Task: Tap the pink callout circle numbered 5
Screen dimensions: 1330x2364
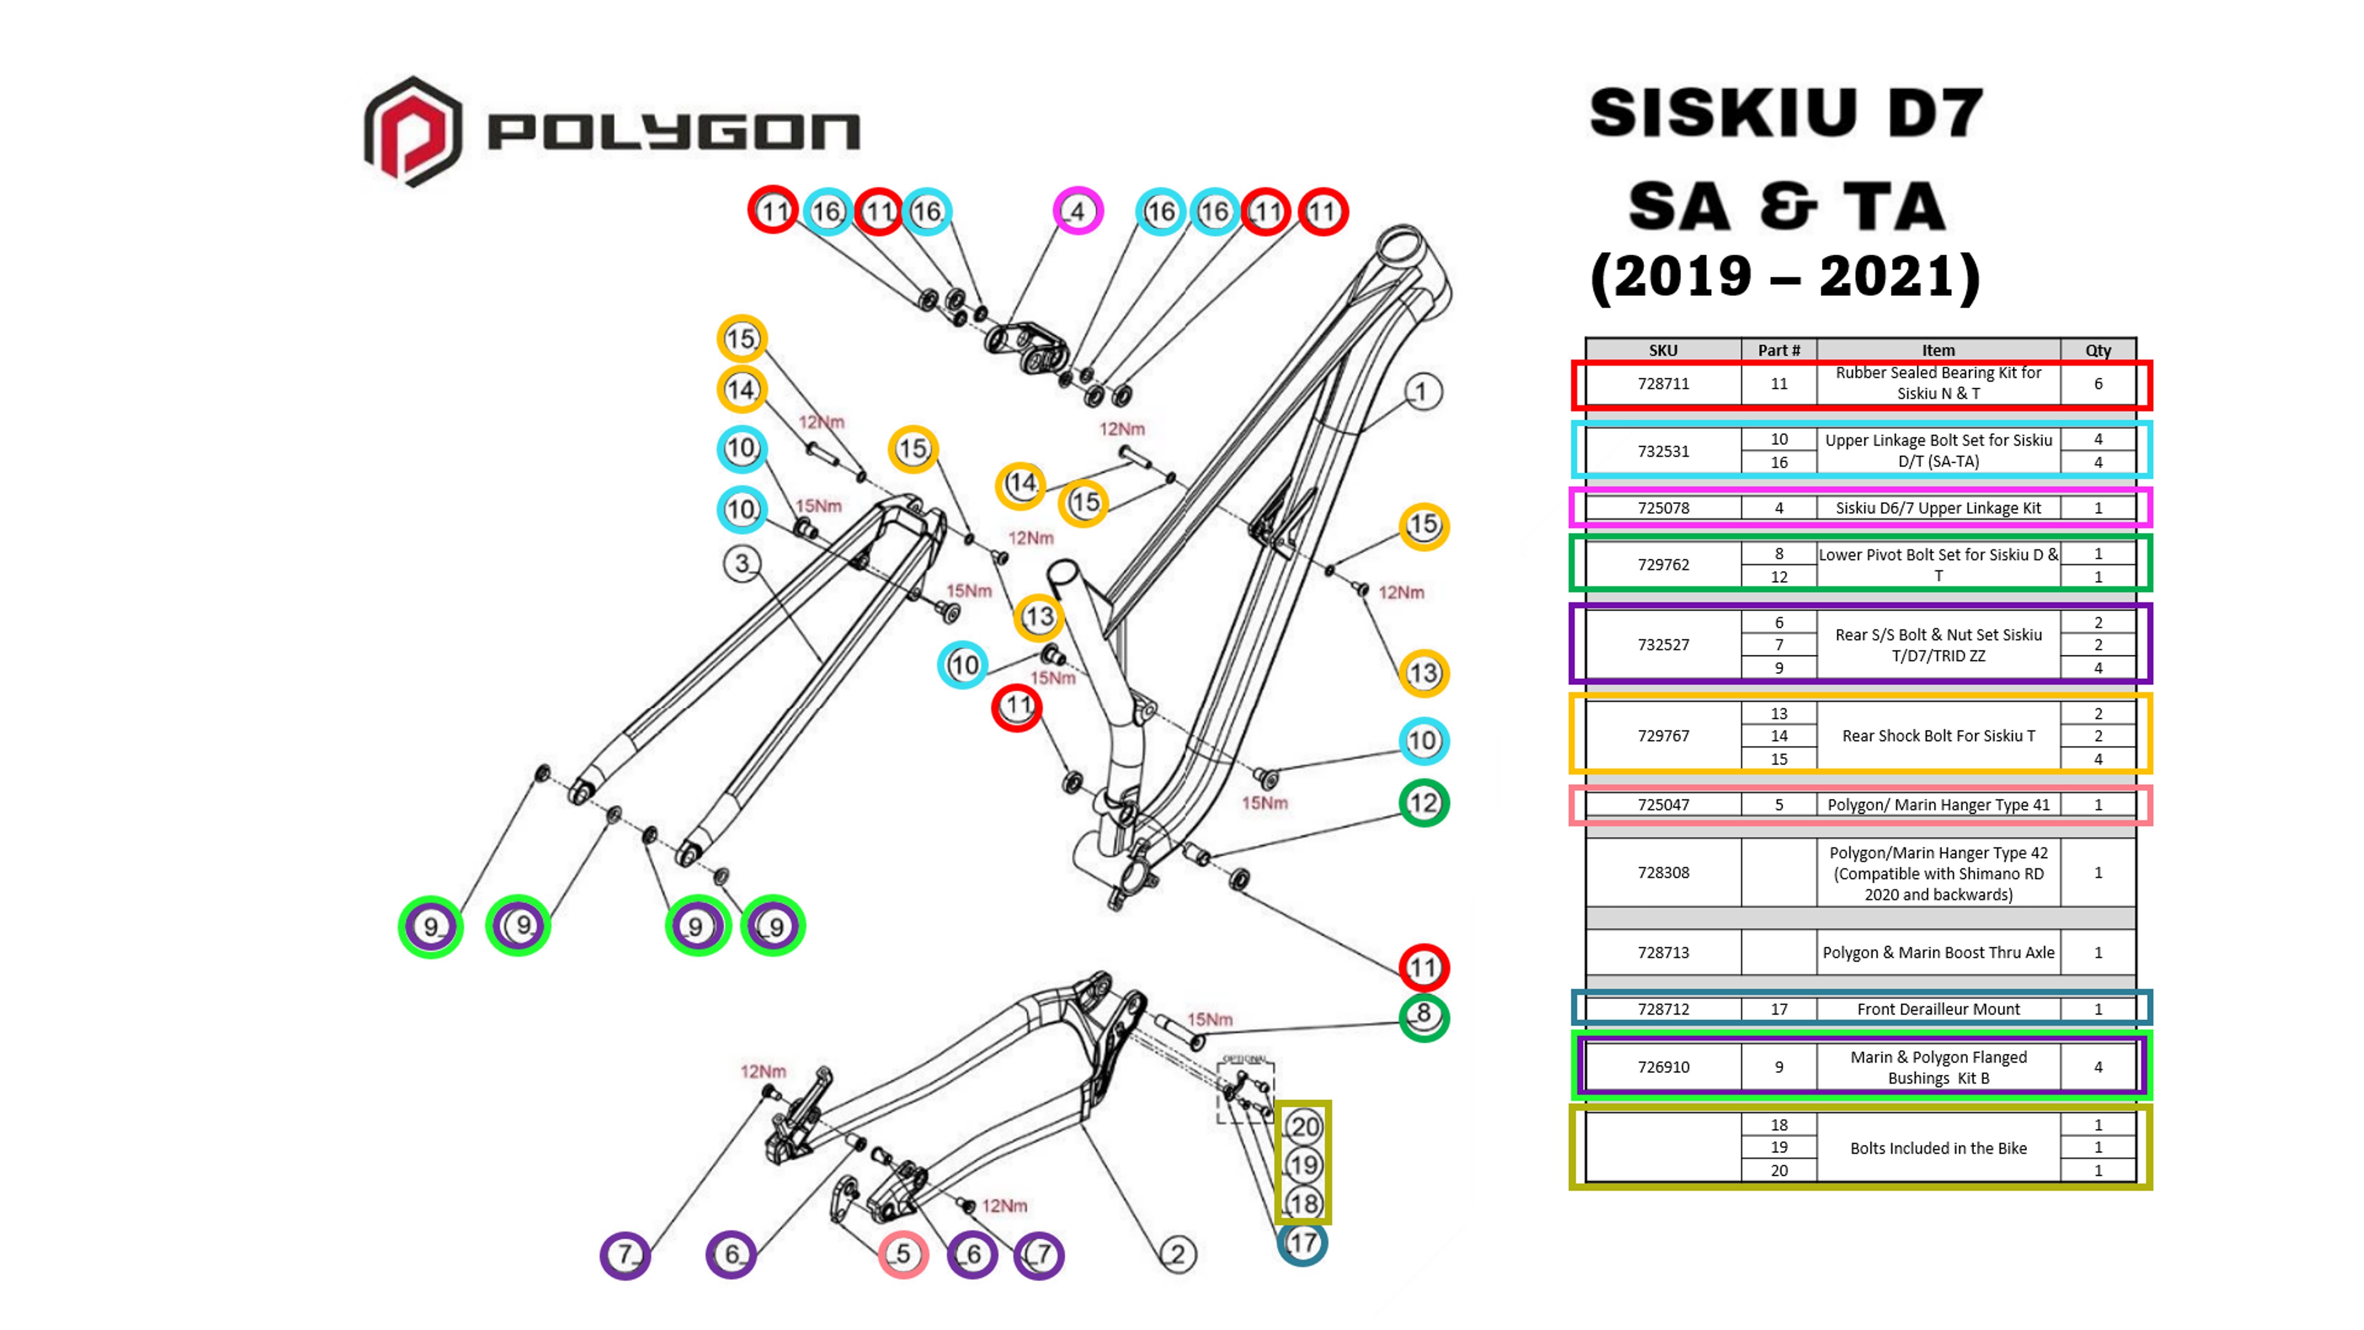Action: click(903, 1254)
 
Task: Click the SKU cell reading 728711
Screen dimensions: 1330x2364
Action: click(1663, 384)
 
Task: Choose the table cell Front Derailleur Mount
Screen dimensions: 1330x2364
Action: click(1938, 1009)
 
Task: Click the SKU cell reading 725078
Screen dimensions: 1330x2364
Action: click(1663, 507)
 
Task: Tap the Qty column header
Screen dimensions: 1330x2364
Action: click(2098, 350)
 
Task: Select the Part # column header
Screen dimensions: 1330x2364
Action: click(1778, 350)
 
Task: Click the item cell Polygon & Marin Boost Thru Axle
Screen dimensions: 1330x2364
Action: click(1938, 952)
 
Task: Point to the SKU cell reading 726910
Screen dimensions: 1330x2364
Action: click(1663, 1067)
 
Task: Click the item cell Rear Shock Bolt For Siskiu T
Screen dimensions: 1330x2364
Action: click(1938, 735)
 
